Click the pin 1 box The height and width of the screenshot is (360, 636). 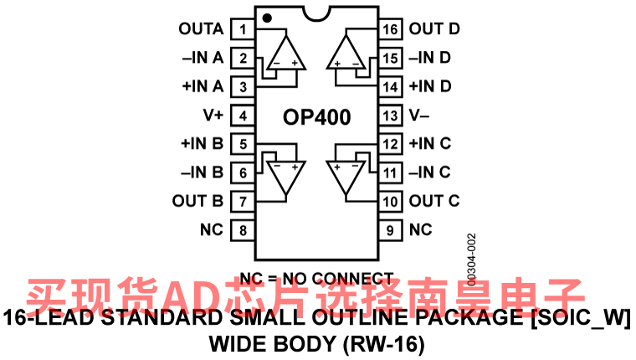[243, 29]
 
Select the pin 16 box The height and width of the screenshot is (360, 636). [390, 29]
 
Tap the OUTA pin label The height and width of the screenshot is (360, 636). [201, 29]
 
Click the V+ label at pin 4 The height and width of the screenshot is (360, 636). [213, 116]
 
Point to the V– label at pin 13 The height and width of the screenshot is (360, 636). [421, 116]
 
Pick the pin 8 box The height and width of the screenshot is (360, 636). [243, 229]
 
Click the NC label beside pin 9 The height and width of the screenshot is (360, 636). [421, 229]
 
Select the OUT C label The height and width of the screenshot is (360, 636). [434, 201]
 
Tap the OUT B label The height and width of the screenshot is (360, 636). [197, 201]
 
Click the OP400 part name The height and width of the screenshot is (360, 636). [315, 116]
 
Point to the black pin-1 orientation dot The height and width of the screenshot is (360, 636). [266, 17]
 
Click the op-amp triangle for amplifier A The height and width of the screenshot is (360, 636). [285, 54]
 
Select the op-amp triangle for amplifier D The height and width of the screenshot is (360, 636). [346, 52]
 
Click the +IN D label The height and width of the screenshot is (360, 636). [430, 86]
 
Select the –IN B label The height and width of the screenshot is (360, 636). [202, 172]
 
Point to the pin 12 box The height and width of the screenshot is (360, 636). [390, 144]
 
